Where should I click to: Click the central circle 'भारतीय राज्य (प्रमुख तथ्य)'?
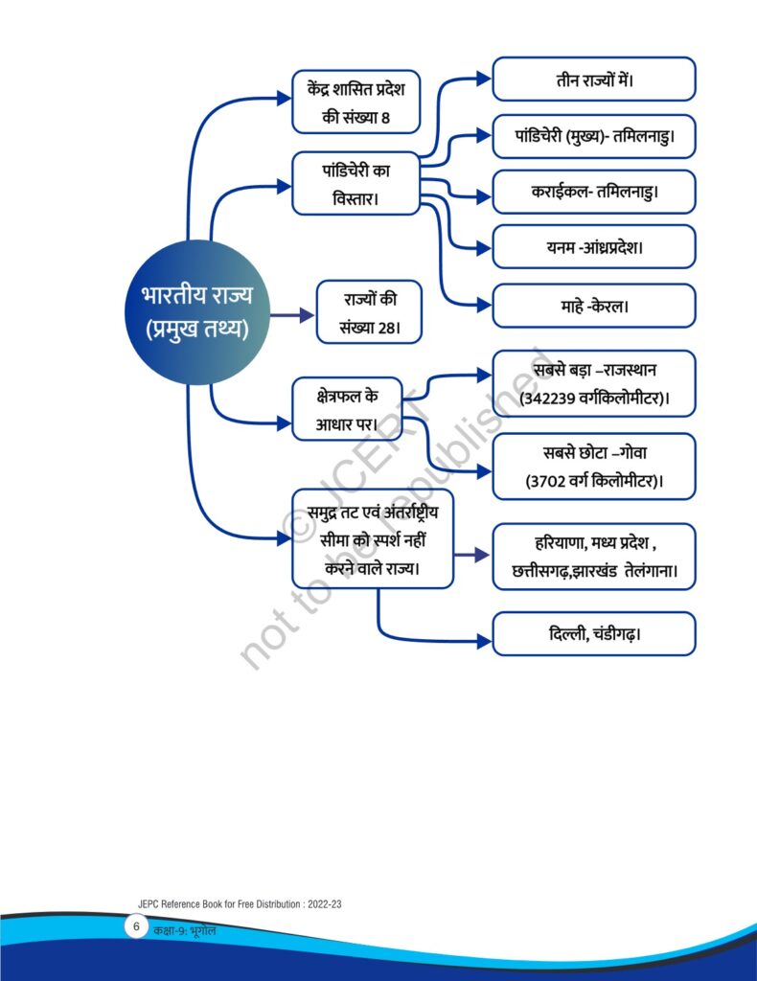click(x=197, y=312)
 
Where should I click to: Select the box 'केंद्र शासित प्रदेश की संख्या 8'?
click(x=356, y=102)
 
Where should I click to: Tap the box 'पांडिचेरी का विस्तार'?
click(x=356, y=184)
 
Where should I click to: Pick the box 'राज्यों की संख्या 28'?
click(x=369, y=312)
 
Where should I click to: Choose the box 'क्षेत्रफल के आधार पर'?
click(x=347, y=409)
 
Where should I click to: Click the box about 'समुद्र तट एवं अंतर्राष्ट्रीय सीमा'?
click(x=373, y=539)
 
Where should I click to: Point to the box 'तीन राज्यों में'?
click(x=594, y=80)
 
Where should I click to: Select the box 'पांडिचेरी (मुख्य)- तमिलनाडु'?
click(x=594, y=136)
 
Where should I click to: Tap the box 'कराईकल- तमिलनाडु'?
click(x=594, y=192)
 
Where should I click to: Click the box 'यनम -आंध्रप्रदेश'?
click(x=594, y=247)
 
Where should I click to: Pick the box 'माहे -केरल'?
click(x=594, y=306)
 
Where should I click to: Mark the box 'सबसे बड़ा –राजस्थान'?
click(x=594, y=383)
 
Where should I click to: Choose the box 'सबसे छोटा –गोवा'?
click(x=594, y=467)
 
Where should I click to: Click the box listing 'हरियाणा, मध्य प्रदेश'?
click(x=594, y=557)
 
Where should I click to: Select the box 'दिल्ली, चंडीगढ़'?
click(x=594, y=634)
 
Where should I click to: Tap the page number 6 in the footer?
click(x=136, y=926)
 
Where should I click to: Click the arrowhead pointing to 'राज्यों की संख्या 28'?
click(x=308, y=314)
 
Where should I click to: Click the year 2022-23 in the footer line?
click(x=325, y=904)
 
